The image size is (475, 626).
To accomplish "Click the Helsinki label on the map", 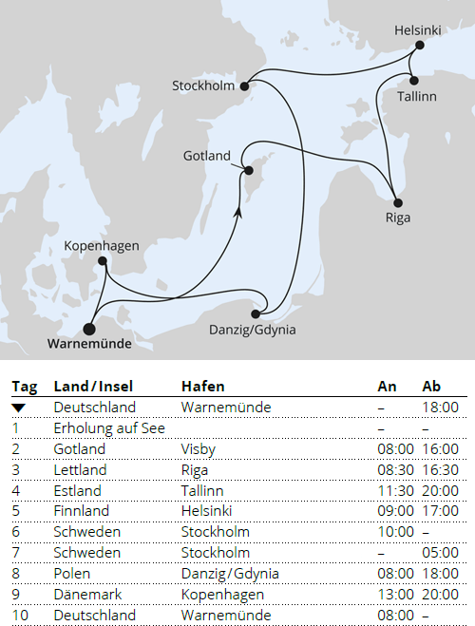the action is (418, 31).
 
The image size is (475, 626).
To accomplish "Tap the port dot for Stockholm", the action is (244, 85).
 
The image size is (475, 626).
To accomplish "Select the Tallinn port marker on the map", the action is (415, 79).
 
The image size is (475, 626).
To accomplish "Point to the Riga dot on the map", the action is (398, 202).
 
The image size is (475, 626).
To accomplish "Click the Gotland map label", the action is (208, 155).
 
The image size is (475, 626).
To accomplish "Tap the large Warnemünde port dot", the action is (89, 329).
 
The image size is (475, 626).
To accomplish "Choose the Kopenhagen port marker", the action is (102, 262).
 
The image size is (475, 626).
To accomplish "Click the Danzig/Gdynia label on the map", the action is (252, 331).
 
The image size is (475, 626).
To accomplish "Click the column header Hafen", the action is (202, 387).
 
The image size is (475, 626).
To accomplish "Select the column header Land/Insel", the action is (93, 387).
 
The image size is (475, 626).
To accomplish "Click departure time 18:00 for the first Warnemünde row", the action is (440, 408).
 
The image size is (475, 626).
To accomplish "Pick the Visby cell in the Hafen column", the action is (197, 448).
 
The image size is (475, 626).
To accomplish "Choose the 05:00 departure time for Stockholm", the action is (440, 553).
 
